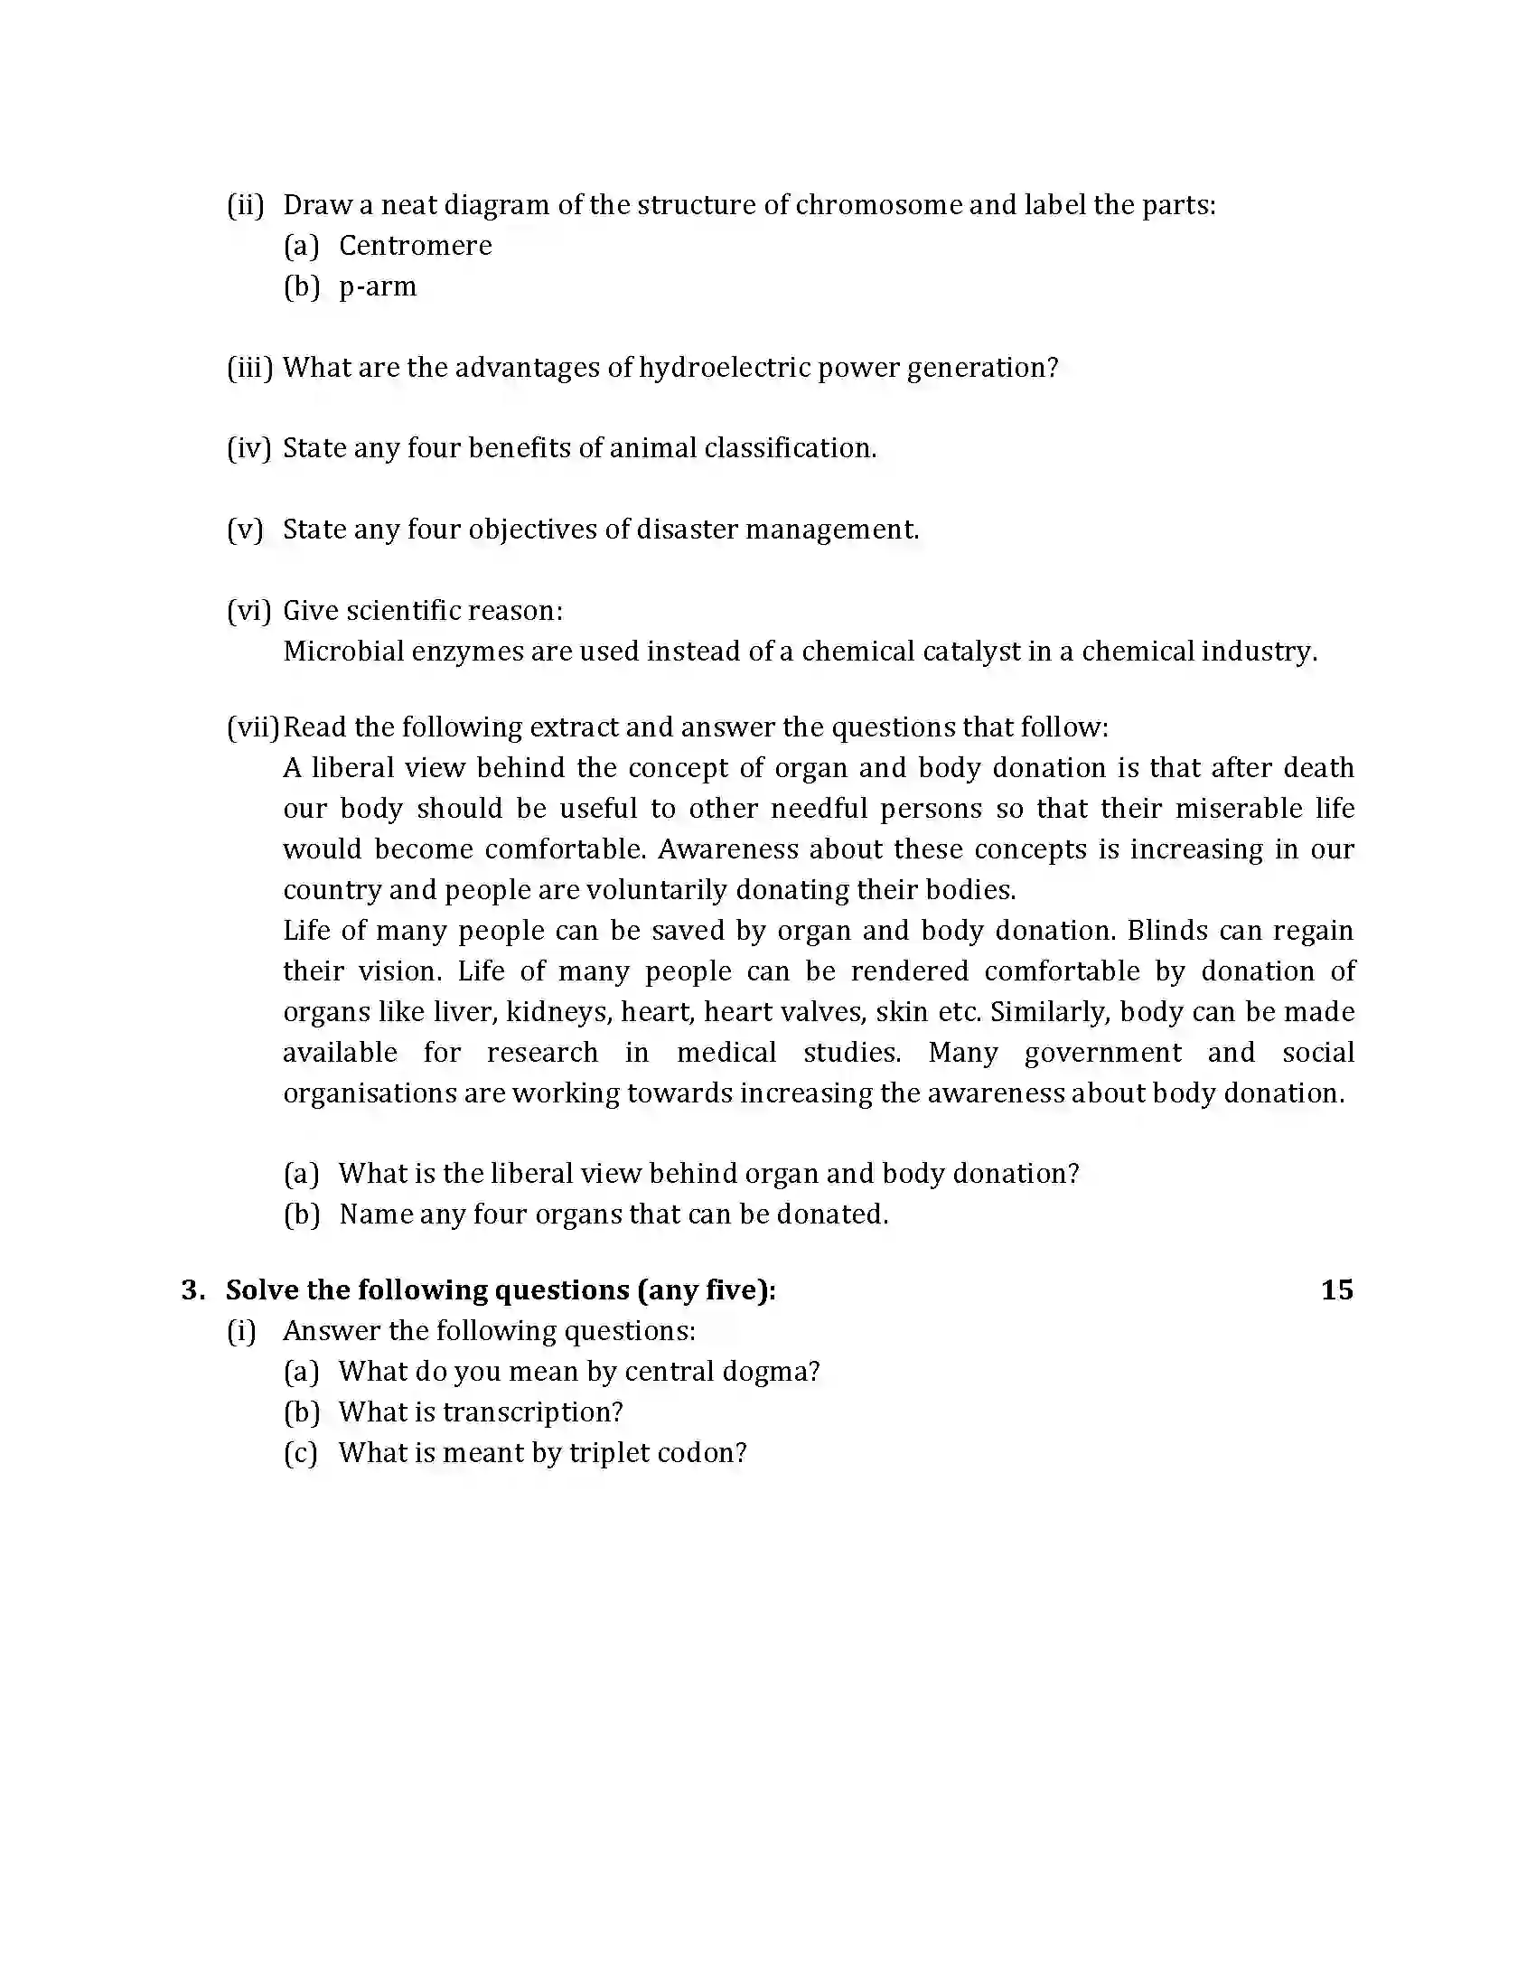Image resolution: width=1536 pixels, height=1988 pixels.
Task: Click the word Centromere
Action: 415,246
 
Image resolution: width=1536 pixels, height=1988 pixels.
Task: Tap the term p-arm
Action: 378,286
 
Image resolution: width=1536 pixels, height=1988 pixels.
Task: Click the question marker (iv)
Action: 248,449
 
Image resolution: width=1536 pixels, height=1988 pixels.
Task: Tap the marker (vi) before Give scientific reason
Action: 248,611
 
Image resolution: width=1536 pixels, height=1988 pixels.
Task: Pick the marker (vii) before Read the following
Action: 253,727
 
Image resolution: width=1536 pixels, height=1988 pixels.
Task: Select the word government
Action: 1103,1053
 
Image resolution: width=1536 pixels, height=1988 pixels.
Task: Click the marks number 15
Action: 1335,1290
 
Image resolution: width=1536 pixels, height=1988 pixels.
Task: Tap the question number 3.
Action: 191,1290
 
